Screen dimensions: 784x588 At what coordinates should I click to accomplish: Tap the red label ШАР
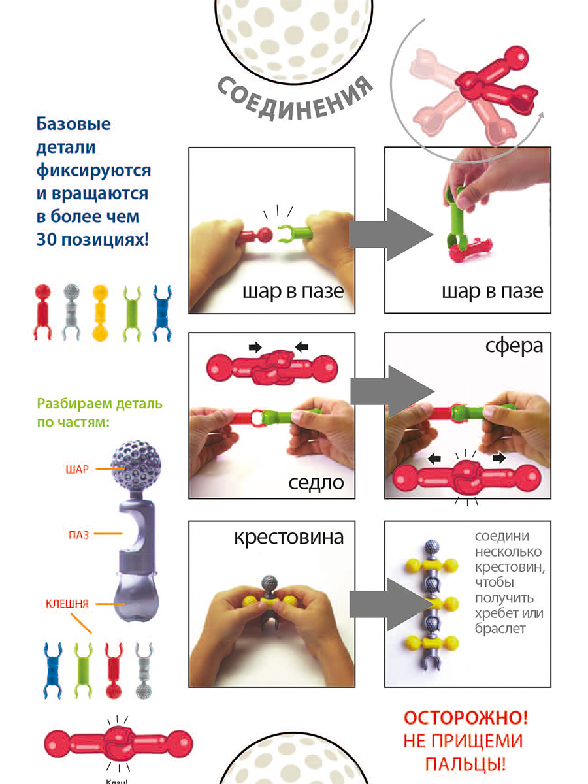[x=76, y=468]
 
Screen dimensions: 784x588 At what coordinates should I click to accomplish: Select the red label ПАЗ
[x=77, y=534]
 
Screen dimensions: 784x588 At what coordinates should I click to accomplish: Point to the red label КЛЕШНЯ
[x=67, y=603]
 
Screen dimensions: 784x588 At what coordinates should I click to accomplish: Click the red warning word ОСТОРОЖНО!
[x=465, y=718]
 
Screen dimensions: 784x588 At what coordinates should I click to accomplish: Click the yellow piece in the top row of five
[x=100, y=312]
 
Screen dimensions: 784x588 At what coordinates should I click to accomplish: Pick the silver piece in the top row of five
[x=71, y=312]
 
